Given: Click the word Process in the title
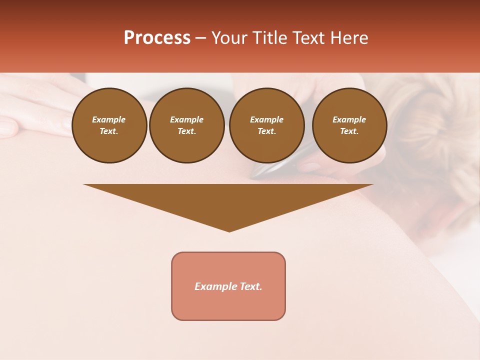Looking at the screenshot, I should pyautogui.click(x=157, y=38).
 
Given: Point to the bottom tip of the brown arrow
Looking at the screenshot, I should pyautogui.click(x=229, y=231).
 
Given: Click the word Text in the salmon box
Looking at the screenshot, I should pyautogui.click(x=250, y=286).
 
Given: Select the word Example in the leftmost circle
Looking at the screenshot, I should pyautogui.click(x=109, y=119).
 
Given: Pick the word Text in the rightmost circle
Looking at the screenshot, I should pyautogui.click(x=348, y=131).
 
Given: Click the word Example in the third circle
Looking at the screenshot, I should pyautogui.click(x=266, y=119).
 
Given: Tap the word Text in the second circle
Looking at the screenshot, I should pyautogui.click(x=186, y=131).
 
